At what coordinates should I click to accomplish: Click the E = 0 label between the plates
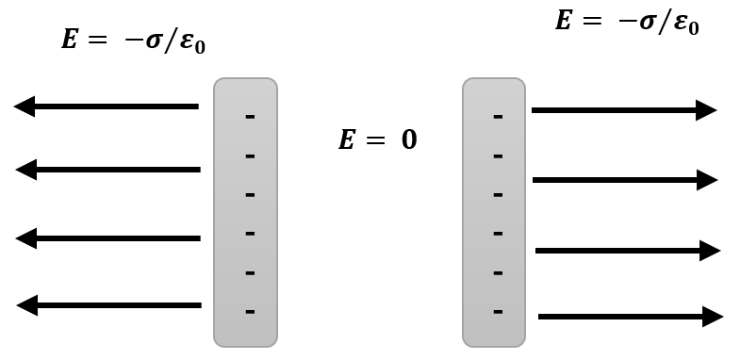(x=377, y=140)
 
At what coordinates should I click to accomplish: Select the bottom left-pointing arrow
(x=109, y=305)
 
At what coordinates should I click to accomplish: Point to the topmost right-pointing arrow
(x=624, y=110)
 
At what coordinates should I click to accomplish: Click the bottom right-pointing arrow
(x=631, y=317)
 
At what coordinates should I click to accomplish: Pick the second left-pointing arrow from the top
(x=108, y=170)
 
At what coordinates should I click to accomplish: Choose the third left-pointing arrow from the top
(x=108, y=238)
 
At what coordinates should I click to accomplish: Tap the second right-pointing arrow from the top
(x=625, y=180)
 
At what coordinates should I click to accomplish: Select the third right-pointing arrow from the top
(x=628, y=251)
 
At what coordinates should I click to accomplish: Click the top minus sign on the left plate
(x=250, y=117)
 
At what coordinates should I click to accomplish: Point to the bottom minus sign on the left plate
(x=250, y=311)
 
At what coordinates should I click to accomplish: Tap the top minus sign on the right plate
(x=498, y=117)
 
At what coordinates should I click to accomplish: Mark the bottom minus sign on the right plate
(x=498, y=311)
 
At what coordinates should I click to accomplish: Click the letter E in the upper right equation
(x=564, y=21)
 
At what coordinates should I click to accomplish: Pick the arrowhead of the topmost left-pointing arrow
(x=25, y=106)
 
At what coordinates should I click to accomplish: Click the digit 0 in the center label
(x=408, y=140)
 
